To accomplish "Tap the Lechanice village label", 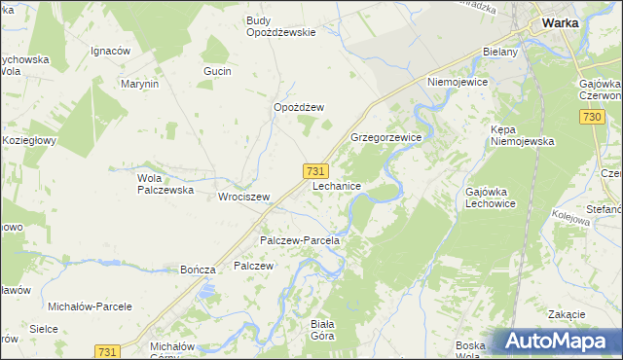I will (338, 185).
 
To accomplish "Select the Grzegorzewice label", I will (385, 138).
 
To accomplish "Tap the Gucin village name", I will (217, 71).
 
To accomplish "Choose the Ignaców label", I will (110, 51).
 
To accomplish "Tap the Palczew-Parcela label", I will (299, 239).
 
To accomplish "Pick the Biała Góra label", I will (321, 330).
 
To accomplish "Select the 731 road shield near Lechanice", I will (314, 170).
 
